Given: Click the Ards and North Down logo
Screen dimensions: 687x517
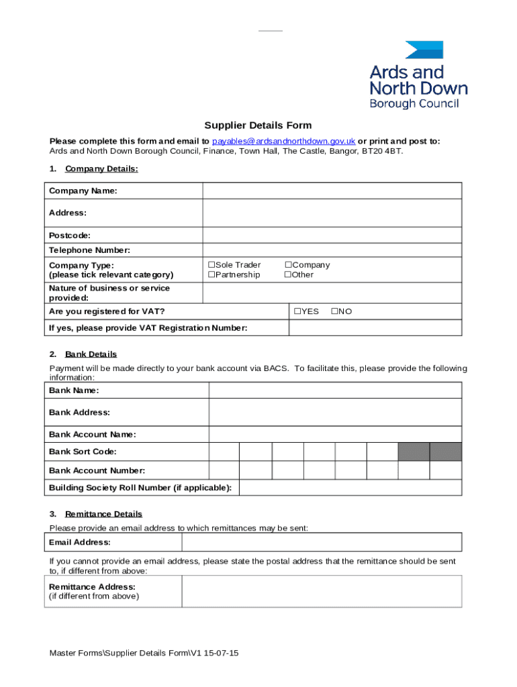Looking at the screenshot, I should tap(418, 74).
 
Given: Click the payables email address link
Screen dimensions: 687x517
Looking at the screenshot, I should tap(283, 142).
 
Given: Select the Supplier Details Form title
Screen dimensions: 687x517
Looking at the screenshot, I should tap(258, 125).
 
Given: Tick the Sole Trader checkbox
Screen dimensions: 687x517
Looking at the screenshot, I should tap(211, 265).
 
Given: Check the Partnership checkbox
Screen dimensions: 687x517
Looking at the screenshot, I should tap(211, 275).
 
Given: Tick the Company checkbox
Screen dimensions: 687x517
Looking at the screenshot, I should tap(288, 265).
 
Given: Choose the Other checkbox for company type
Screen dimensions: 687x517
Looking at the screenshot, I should tap(288, 275).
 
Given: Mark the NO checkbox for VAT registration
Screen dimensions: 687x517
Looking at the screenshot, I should tap(335, 311).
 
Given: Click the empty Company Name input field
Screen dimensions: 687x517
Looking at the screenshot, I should tap(332, 191).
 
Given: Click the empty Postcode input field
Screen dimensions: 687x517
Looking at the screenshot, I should tap(332, 235).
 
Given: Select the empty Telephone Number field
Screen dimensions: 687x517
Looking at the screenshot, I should tap(332, 250).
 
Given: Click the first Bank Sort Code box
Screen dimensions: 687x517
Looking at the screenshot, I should tap(224, 452).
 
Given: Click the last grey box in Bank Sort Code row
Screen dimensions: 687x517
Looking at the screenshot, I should tap(446, 452).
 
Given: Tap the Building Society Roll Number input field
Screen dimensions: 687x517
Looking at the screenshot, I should tap(350, 488).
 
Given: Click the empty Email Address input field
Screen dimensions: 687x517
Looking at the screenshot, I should tap(322, 542).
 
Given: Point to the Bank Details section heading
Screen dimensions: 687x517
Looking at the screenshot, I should tap(91, 354).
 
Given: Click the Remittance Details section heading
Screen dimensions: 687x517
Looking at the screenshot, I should tap(103, 515).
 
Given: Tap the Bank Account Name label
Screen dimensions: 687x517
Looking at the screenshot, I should tap(93, 435).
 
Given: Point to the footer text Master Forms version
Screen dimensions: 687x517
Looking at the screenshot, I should tap(144, 653).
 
